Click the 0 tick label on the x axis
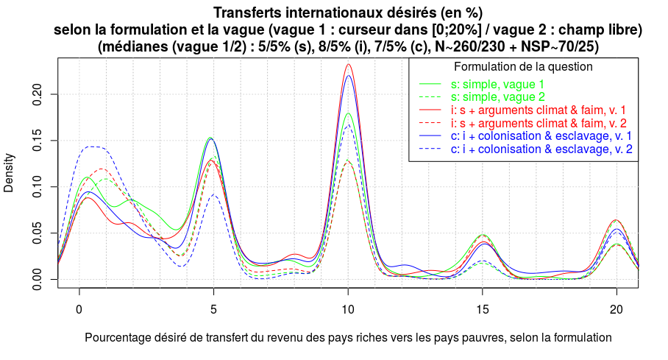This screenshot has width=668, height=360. pos(79,309)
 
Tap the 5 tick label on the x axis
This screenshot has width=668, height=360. pos(213,309)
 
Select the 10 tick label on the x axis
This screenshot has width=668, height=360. pos(348,309)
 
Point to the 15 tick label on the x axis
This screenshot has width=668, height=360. pos(482,309)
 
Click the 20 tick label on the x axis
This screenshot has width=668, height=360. pos(617,309)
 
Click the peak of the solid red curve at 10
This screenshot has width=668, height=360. pos(348,64)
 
